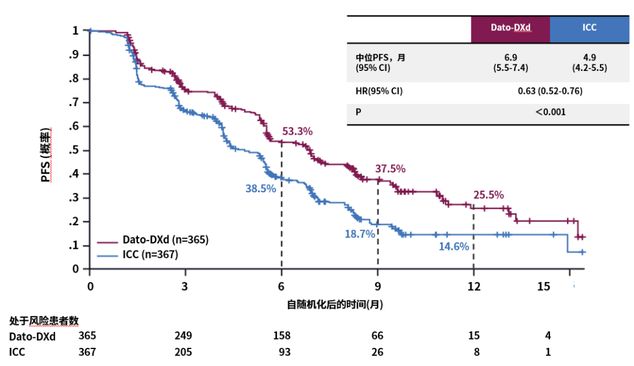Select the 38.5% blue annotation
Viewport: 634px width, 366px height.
[x=261, y=189]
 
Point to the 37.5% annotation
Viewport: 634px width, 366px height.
[x=390, y=168]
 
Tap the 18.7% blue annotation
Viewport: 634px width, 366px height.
[x=360, y=234]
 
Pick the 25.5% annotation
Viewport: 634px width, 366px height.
[x=488, y=195]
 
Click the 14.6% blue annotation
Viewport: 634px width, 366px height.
[x=454, y=246]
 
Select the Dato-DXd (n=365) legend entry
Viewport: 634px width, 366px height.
[x=165, y=240]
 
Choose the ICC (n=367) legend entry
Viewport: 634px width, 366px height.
[x=150, y=254]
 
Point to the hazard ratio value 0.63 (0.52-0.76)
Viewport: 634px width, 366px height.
[x=549, y=91]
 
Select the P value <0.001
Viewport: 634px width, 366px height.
[x=549, y=111]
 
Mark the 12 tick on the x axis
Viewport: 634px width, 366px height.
[x=473, y=287]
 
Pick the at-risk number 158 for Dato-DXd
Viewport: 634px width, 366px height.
[x=281, y=335]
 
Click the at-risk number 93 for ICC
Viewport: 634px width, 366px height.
[x=281, y=352]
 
